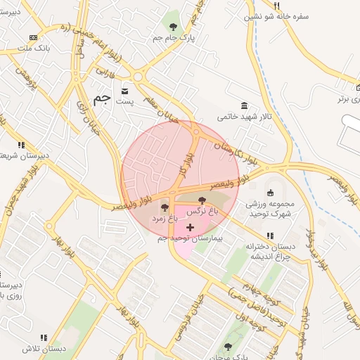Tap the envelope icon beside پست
coord(125,91)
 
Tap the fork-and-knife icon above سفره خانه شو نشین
coord(248,4)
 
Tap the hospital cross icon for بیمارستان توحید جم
coord(190,228)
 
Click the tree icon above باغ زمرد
coord(165,207)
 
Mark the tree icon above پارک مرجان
coord(227,345)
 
